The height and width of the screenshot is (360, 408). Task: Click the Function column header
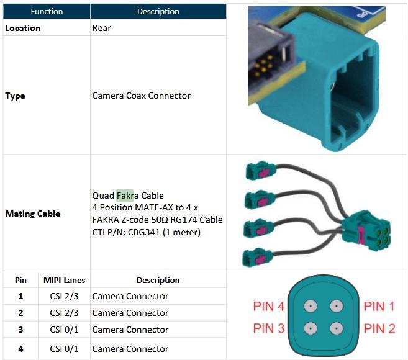pos(47,11)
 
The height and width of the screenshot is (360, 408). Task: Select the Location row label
pos(23,28)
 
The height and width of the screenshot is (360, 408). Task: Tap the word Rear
pos(102,28)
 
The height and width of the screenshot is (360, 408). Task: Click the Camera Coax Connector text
pos(142,96)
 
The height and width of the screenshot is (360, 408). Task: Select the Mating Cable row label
pos(33,214)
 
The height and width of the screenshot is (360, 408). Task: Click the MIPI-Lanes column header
pos(64,280)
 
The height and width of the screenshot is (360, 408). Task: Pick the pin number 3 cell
pos(20,330)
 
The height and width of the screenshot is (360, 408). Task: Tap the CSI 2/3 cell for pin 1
pos(64,296)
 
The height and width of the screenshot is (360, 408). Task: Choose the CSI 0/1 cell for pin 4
pos(64,349)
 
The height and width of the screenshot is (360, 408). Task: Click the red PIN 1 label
pos(379,306)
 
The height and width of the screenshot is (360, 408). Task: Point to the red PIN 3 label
pos(268,328)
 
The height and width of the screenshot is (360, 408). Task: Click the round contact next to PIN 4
pos(308,306)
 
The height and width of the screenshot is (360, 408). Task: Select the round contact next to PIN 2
pos(336,328)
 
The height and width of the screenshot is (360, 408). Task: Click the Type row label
pos(16,96)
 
